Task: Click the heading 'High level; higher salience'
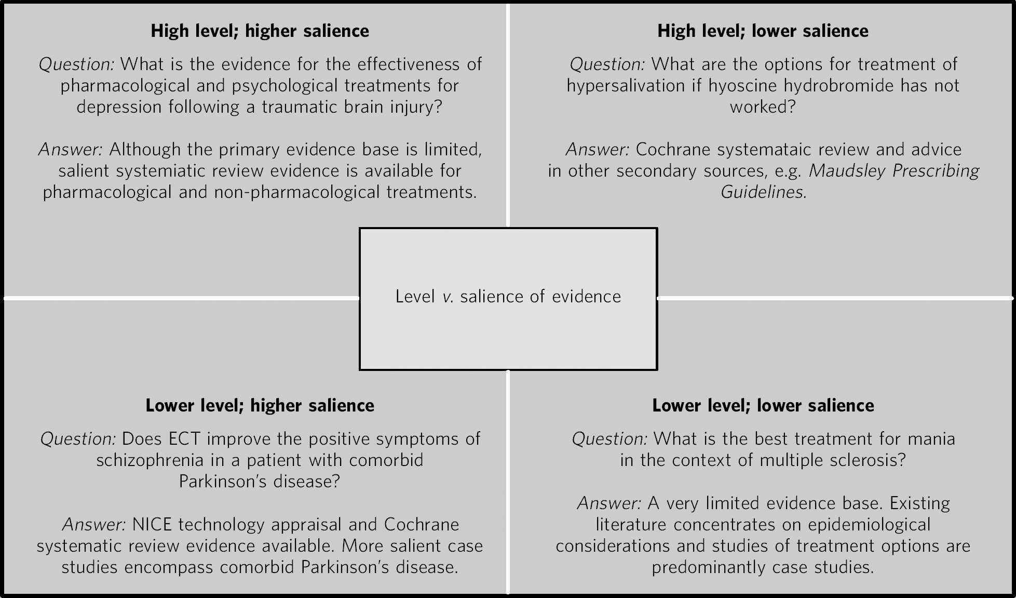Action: tap(260, 31)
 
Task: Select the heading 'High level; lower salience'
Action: tap(763, 31)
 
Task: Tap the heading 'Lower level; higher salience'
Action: tap(260, 406)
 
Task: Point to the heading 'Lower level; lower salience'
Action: tap(763, 406)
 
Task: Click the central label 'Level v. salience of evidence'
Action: tap(508, 297)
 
